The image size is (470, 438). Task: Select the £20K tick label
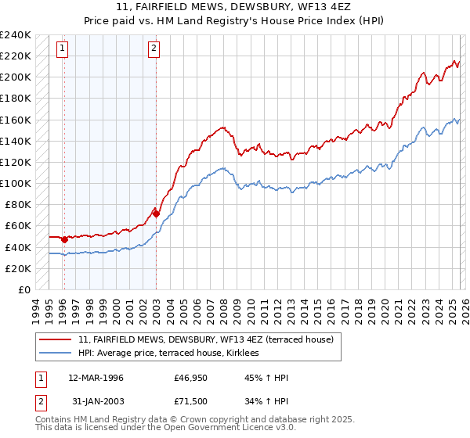tap(17, 268)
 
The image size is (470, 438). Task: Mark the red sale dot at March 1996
tap(64, 239)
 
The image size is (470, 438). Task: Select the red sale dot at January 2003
tap(156, 213)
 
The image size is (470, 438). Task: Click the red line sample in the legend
tap(56, 339)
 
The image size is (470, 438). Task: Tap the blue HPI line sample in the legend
tap(56, 353)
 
